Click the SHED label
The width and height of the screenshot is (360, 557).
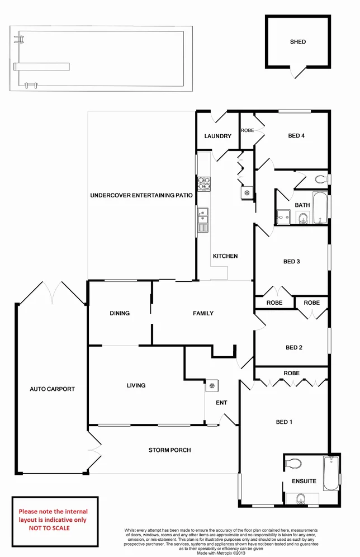point(298,42)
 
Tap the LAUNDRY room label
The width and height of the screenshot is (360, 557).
point(217,136)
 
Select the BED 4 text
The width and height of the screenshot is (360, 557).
point(296,136)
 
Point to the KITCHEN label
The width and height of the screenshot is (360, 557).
point(225,256)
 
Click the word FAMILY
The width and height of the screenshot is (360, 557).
point(203,313)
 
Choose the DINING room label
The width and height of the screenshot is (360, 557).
point(120,313)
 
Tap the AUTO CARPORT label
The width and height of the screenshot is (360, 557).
point(52,389)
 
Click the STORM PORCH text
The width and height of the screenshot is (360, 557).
point(169,450)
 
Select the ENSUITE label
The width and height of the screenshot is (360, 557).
point(304,481)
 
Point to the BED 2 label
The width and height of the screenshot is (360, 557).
point(293,348)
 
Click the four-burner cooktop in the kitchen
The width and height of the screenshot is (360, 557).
point(203,183)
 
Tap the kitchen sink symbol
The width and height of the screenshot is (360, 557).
point(202,220)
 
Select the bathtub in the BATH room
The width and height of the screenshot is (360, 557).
point(320,208)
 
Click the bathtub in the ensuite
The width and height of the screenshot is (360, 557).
point(331,472)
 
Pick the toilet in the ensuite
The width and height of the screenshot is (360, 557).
point(293,463)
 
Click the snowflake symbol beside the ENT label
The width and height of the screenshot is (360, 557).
point(212,385)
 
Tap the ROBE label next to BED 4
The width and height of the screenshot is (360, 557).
point(247,130)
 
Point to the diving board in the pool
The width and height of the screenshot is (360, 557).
point(42,66)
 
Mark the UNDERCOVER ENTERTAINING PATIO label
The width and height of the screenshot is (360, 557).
point(141,196)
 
